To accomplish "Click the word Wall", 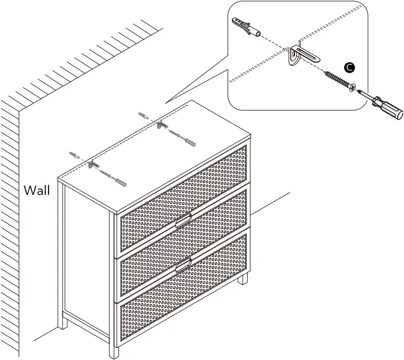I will tap(37, 190).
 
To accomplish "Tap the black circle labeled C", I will tap(350, 67).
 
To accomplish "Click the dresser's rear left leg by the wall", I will tap(64, 322).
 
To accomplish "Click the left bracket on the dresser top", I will tap(93, 165).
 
